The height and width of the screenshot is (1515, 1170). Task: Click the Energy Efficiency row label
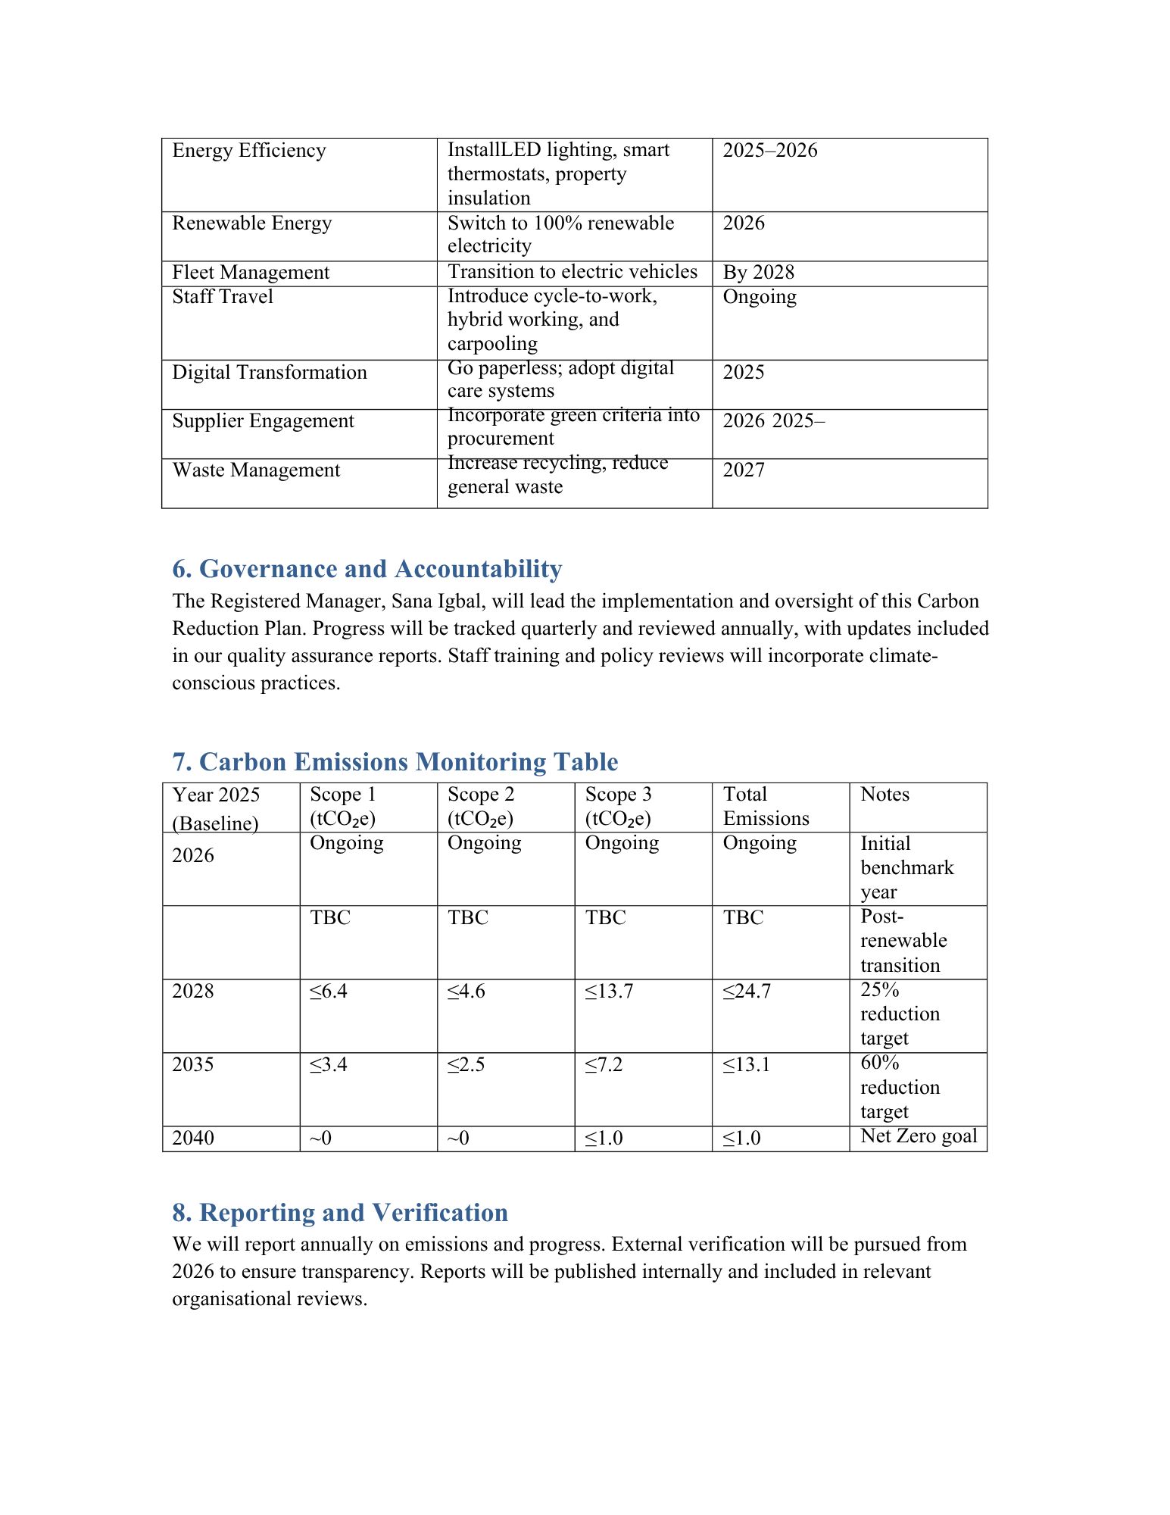tap(249, 151)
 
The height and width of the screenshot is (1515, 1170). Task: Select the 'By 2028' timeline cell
tap(758, 273)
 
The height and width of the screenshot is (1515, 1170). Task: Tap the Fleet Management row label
tap(251, 273)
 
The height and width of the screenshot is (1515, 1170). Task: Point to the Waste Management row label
tap(256, 470)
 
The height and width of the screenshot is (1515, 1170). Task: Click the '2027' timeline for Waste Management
tap(744, 470)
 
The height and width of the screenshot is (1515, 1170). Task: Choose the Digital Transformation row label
tap(270, 373)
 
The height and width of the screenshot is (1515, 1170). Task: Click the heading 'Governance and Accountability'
tap(367, 569)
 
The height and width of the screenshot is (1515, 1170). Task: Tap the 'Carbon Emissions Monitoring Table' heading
tap(395, 762)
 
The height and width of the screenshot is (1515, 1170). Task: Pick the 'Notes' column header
tap(885, 795)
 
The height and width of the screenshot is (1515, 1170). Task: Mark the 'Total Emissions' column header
tap(766, 806)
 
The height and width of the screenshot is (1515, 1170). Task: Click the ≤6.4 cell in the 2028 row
tap(329, 992)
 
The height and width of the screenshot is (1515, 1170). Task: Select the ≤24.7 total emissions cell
tap(747, 992)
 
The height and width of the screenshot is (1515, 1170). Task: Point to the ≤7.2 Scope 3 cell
tap(604, 1065)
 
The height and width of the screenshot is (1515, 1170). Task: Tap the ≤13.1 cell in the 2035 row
tap(746, 1065)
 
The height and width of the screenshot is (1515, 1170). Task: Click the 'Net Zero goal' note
tap(919, 1136)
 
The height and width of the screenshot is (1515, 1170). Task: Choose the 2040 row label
tap(193, 1139)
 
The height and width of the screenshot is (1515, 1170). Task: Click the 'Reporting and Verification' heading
tap(340, 1213)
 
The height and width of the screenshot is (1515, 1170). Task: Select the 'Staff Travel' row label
tap(223, 297)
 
